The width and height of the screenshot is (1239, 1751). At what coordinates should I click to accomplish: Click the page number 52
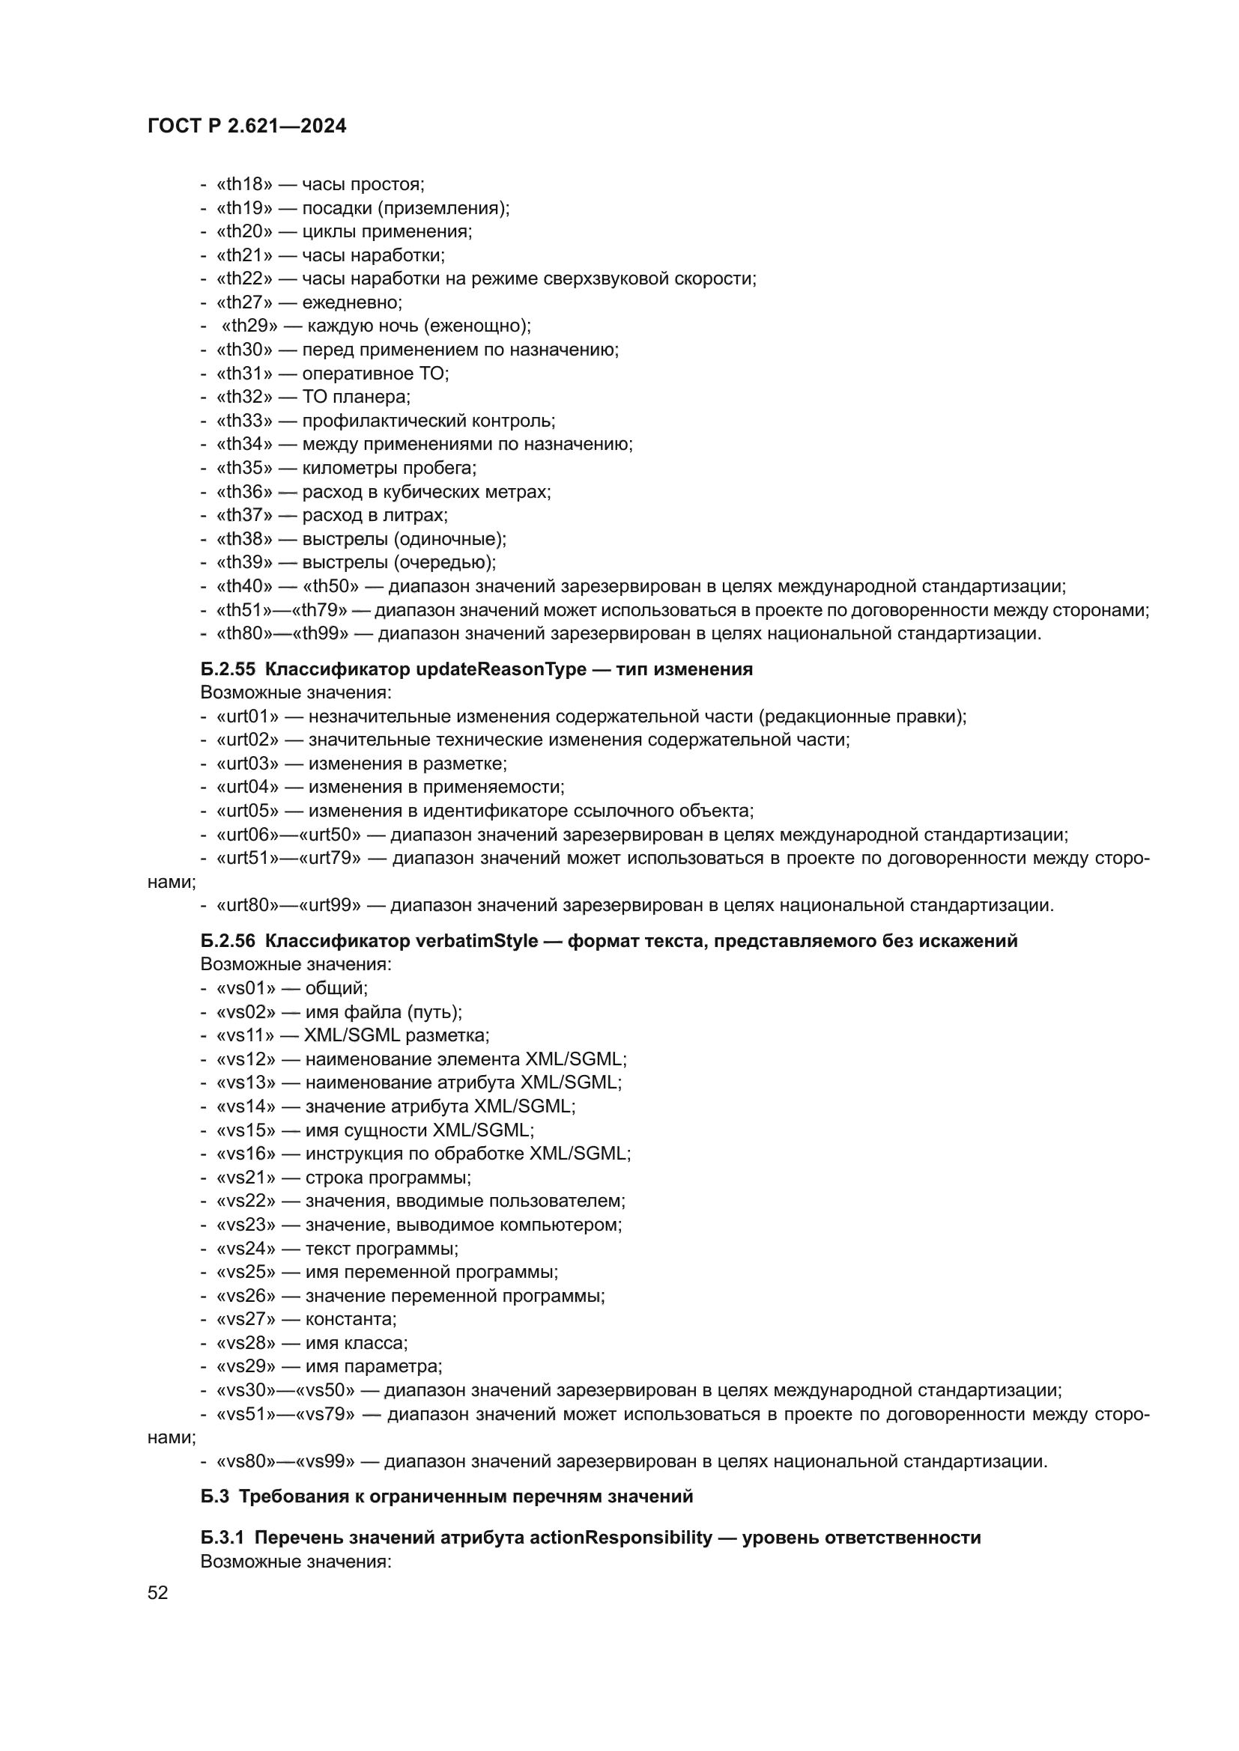158,1592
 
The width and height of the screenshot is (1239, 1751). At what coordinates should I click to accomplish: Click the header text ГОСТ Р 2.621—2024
247,127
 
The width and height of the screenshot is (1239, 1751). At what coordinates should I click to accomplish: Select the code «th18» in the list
244,184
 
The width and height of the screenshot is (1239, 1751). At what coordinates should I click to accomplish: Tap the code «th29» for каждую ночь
249,326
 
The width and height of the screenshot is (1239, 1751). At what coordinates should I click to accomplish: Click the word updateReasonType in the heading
501,669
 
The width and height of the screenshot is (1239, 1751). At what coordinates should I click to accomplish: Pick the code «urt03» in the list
247,764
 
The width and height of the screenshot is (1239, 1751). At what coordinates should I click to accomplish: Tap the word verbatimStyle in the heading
477,940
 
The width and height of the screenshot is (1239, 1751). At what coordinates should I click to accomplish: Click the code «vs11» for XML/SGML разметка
246,1035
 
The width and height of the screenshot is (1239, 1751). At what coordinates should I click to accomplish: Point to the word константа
350,1318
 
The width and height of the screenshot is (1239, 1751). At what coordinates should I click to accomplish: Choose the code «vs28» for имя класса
246,1342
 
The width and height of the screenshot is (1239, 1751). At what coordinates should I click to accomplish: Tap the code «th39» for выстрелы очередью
244,562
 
